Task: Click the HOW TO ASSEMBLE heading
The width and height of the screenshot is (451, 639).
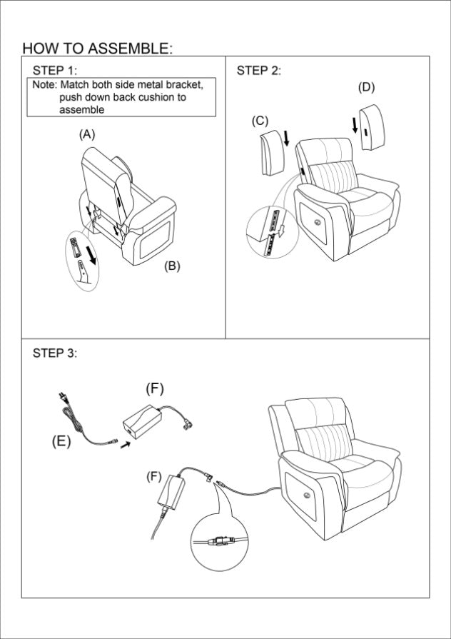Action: click(97, 48)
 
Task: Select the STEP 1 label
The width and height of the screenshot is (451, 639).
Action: click(55, 71)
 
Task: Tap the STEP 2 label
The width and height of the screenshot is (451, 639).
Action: click(259, 71)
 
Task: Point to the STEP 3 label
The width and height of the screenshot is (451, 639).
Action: click(55, 353)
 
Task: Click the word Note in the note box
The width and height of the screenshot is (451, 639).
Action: click(45, 85)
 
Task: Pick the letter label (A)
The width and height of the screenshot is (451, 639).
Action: click(87, 134)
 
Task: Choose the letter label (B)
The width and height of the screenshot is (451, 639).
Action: click(172, 266)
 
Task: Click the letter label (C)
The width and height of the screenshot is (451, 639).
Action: click(260, 121)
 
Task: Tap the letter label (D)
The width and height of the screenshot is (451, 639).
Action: click(366, 87)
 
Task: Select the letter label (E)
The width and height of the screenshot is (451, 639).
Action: click(61, 441)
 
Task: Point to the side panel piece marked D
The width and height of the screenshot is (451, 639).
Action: click(373, 127)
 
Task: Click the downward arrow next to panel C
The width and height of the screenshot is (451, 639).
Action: click(286, 138)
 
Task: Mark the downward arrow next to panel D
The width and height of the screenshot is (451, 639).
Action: click(355, 125)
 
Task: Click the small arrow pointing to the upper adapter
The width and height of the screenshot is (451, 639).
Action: click(126, 445)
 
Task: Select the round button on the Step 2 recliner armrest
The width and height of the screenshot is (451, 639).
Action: click(317, 222)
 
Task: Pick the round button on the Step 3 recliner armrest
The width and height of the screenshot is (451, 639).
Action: click(305, 496)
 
